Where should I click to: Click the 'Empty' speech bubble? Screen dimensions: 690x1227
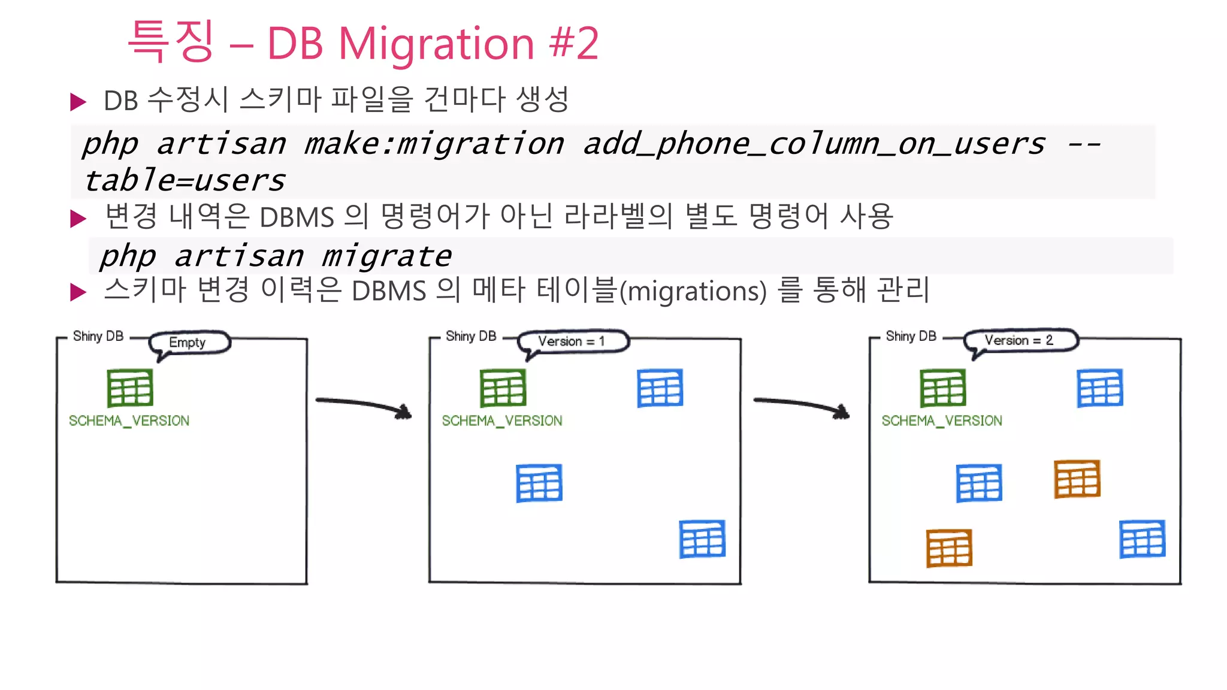[188, 343]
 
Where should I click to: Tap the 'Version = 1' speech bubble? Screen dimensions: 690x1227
[572, 341]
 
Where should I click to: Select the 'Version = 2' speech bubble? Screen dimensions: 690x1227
[1019, 340]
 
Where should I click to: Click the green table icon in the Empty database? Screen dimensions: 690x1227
[130, 388]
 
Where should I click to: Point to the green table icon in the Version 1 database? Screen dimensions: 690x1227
[503, 388]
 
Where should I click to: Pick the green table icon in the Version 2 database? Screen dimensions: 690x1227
[943, 388]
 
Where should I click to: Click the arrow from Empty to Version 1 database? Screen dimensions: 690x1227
[364, 405]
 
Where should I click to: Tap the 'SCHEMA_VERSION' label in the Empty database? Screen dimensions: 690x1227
[129, 421]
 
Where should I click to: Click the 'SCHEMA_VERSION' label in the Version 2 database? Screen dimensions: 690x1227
[942, 421]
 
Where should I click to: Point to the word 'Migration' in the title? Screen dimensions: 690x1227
[436, 44]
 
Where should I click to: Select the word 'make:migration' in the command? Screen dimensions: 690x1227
[434, 144]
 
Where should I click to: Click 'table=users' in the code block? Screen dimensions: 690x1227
[185, 181]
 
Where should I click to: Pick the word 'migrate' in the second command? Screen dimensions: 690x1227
[386, 257]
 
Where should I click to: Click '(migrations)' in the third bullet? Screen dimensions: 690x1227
[693, 292]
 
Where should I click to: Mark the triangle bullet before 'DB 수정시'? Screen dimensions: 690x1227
[78, 101]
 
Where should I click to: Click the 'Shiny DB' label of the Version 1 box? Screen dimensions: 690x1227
[471, 336]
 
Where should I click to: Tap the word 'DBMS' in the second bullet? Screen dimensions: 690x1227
[297, 217]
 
